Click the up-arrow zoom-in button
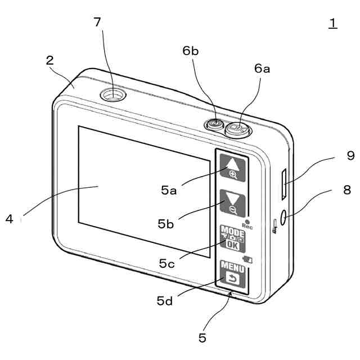click(x=232, y=167)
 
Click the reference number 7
click(x=98, y=22)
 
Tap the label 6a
click(x=262, y=69)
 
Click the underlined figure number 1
click(x=333, y=22)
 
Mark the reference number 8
click(x=347, y=190)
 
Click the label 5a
click(x=169, y=190)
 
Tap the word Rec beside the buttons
click(x=247, y=226)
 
